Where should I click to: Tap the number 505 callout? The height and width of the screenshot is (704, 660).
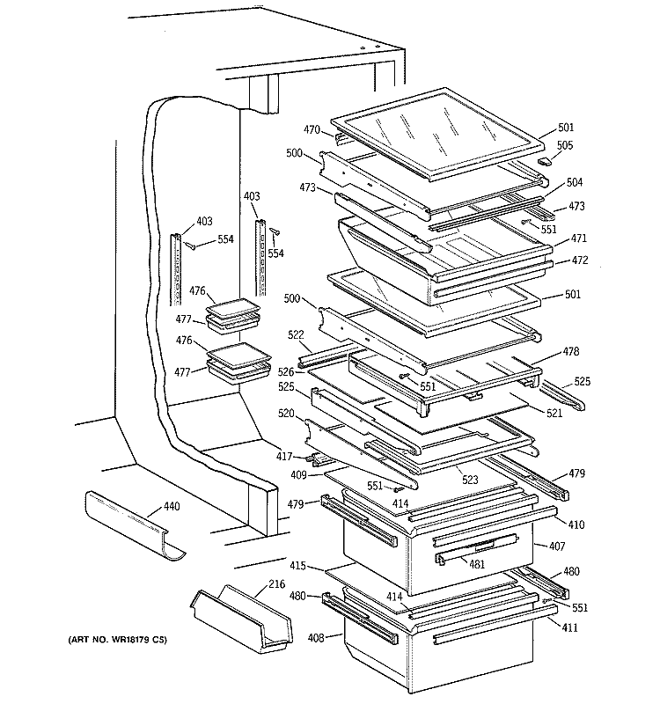tap(564, 146)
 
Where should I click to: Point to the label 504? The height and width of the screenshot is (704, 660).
tap(574, 182)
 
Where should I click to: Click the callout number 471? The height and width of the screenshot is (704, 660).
tap(578, 238)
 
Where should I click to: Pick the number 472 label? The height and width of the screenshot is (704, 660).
tap(579, 260)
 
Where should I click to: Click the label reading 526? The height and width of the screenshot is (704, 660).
tap(286, 371)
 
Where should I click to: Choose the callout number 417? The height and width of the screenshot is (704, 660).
tap(284, 456)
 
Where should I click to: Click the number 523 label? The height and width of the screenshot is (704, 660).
tap(468, 481)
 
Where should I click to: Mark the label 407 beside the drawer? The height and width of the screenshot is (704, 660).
tap(556, 546)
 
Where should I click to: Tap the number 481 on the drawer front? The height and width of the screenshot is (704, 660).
tap(476, 564)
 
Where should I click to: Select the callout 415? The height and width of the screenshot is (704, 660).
tap(298, 565)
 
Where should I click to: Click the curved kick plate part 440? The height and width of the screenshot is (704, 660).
tap(132, 525)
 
